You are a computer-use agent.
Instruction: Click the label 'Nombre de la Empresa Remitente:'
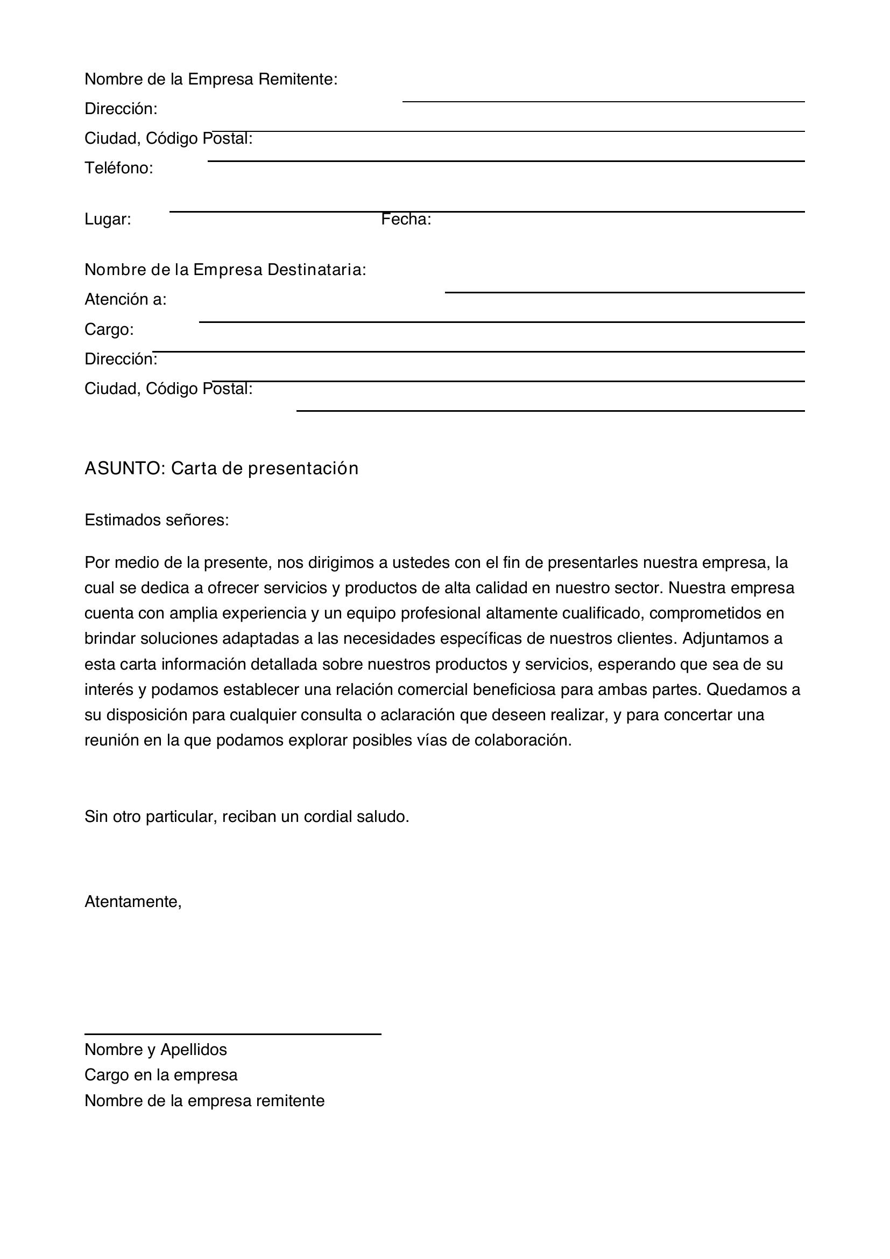(x=211, y=80)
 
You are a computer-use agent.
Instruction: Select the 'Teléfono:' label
(x=119, y=168)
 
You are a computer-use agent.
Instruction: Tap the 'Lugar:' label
(x=108, y=219)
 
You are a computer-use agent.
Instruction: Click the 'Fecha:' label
(x=406, y=219)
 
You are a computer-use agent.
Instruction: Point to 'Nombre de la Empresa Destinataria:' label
(x=225, y=270)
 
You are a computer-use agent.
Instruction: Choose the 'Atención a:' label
(x=125, y=299)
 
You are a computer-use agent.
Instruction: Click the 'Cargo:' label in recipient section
(x=109, y=329)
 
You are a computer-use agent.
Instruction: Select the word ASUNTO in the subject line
(x=122, y=468)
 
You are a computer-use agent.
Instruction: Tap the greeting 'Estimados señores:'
(x=157, y=520)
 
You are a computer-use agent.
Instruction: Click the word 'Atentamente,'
(x=133, y=902)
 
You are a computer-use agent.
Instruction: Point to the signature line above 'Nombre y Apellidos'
(x=232, y=1034)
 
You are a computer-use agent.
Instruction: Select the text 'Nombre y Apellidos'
(x=156, y=1050)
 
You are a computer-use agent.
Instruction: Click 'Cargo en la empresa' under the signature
(x=161, y=1075)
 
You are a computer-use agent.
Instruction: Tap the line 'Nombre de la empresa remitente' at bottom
(x=204, y=1101)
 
